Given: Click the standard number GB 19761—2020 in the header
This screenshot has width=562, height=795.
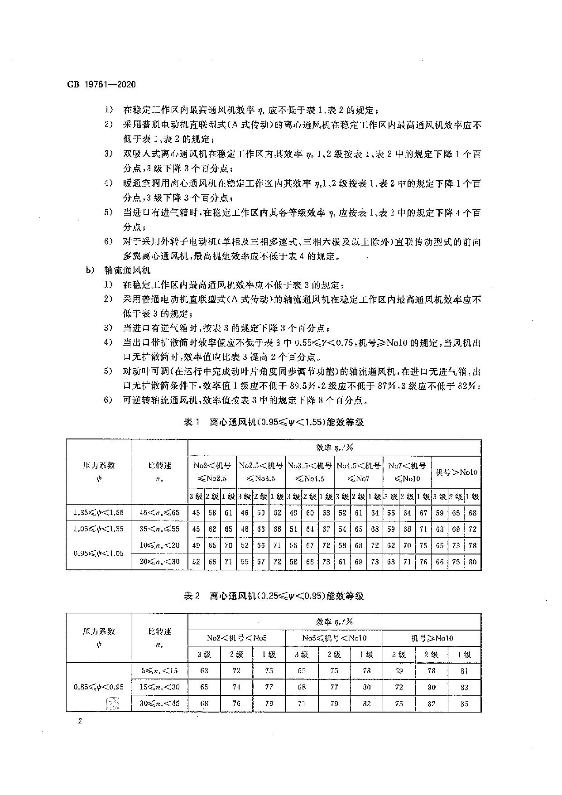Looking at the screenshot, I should (x=101, y=85).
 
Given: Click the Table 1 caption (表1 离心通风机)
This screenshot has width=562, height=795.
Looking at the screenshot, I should (x=274, y=422).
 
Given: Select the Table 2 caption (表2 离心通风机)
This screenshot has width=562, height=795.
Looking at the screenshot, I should (x=274, y=596).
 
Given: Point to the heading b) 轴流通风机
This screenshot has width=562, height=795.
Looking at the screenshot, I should (x=119, y=270).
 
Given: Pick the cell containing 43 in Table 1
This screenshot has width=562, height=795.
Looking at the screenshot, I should (x=196, y=513).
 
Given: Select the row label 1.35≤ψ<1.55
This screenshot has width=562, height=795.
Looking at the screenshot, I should (x=99, y=513).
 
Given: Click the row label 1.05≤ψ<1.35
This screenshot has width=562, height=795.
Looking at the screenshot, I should (x=99, y=529).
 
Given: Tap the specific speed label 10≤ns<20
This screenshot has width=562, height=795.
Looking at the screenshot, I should (x=159, y=545).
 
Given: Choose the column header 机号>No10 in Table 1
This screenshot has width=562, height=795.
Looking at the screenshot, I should (x=456, y=472).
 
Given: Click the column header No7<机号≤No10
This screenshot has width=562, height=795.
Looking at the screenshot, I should (x=407, y=472).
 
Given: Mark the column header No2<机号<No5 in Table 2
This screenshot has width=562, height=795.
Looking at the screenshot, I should (x=236, y=638).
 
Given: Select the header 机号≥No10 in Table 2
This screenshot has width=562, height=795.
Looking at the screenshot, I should (x=432, y=638).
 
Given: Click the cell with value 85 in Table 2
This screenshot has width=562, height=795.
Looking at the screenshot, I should (x=464, y=703).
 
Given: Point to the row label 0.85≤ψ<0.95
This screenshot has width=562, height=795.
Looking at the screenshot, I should (x=99, y=687).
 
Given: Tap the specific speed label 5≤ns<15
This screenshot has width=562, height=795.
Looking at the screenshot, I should (x=159, y=671).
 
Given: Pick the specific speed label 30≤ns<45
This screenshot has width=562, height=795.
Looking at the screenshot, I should (x=159, y=703).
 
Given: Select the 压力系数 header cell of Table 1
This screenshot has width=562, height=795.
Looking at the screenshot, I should (x=99, y=471).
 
